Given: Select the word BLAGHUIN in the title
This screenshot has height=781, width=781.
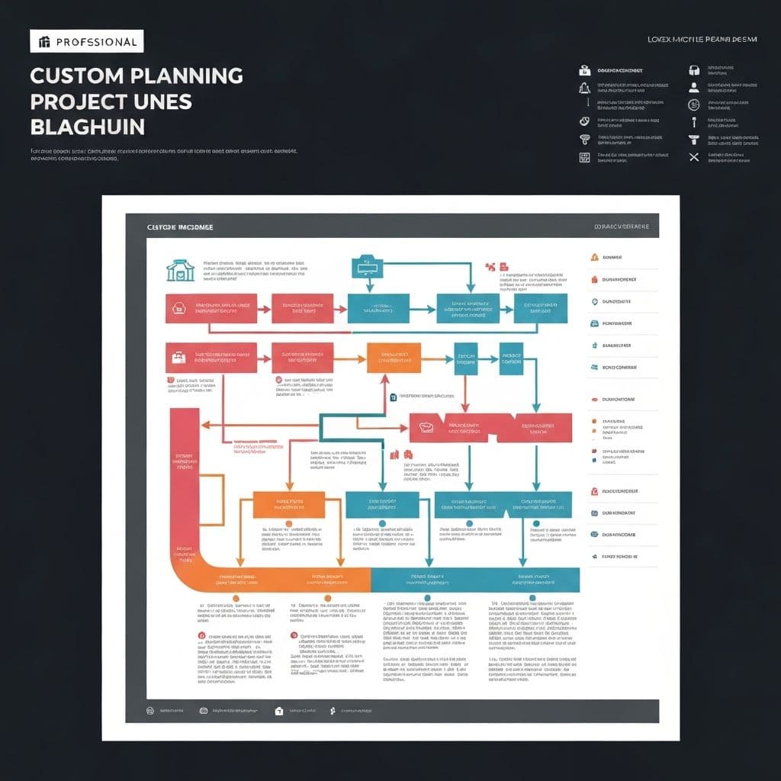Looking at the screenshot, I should point(87,126).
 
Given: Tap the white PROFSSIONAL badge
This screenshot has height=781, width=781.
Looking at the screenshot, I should point(86,41).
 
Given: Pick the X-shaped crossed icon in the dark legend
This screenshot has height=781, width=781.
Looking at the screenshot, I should point(693,157).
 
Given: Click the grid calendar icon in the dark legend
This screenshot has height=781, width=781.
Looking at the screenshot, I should point(585,157).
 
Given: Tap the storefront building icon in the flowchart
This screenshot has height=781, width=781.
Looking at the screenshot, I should point(180,270).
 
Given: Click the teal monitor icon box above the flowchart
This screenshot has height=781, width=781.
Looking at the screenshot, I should point(366,267).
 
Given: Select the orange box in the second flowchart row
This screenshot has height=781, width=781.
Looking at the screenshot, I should point(394,358).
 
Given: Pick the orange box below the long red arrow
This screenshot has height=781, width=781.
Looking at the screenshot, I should point(288,504).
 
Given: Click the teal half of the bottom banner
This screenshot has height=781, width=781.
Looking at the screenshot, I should point(474,580).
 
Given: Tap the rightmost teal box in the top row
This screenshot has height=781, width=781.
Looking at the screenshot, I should point(542,309).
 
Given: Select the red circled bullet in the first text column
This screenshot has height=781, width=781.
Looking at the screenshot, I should point(202,635).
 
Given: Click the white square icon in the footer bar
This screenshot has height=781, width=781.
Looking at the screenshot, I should point(278,710).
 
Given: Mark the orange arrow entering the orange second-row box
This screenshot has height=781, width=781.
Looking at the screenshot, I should point(355,358).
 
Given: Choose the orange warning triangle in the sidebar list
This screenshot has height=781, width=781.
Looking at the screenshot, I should point(594,257).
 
